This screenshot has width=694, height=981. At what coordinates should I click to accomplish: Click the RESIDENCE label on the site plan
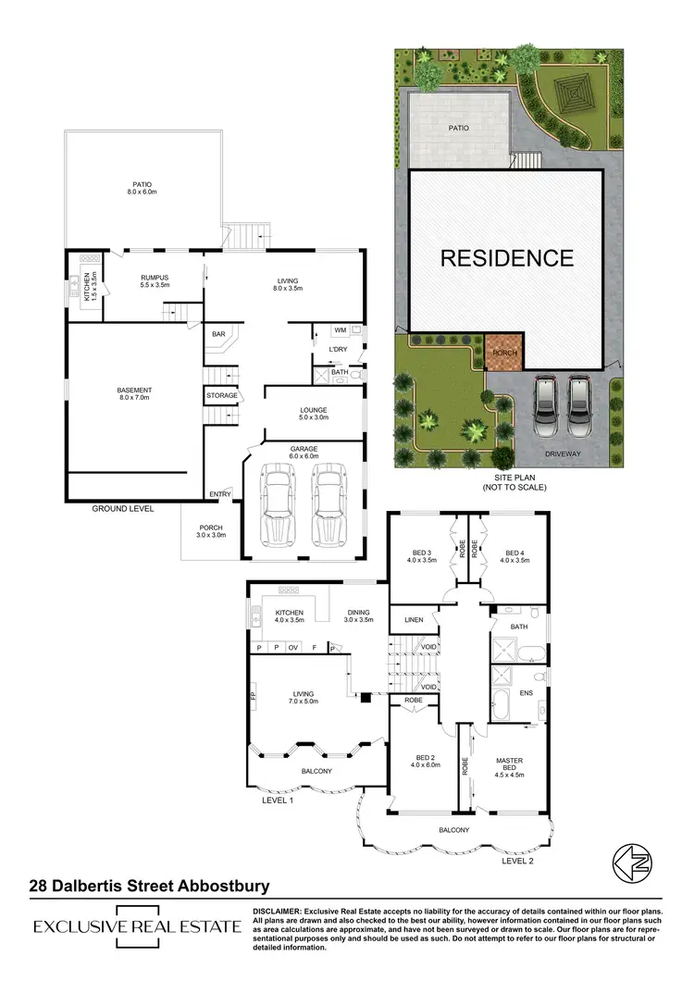click(x=506, y=258)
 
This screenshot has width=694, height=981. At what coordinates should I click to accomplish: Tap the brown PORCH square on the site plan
click(x=504, y=351)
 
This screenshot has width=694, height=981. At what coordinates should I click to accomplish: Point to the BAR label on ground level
click(x=219, y=334)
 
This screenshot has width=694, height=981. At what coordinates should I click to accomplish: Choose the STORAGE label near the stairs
click(x=222, y=396)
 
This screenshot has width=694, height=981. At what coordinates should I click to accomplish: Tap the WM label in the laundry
click(x=340, y=329)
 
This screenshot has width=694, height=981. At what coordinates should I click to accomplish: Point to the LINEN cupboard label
click(x=408, y=618)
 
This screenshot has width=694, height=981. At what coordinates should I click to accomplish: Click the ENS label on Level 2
click(x=526, y=692)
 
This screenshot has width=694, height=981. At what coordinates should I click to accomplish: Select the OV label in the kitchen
click(x=293, y=648)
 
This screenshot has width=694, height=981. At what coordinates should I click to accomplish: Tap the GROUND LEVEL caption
click(x=122, y=509)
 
